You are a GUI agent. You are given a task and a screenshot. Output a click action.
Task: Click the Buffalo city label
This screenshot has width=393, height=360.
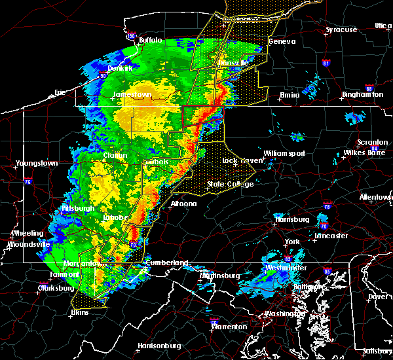(x=150, y=40)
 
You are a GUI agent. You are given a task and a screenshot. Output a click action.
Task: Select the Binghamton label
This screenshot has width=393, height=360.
(x=365, y=95)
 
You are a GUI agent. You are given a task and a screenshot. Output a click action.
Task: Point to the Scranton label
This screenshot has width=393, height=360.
(x=372, y=143)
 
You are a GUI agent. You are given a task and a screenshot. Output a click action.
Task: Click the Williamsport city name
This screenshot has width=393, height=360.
(x=284, y=153)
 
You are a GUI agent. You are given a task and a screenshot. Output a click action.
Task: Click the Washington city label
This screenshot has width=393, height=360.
(x=281, y=314)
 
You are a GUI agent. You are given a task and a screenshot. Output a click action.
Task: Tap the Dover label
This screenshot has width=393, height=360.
(x=377, y=296)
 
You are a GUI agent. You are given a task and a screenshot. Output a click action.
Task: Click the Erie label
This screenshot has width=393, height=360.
(x=60, y=92)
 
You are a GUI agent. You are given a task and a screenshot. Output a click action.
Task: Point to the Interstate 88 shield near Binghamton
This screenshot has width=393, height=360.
(x=369, y=88)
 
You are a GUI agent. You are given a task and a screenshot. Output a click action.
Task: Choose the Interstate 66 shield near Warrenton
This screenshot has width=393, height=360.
(x=214, y=321)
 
